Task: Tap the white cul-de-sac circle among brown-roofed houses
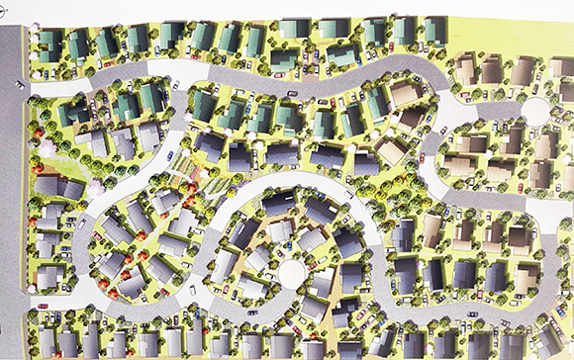[534, 111]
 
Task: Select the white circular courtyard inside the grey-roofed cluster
[292, 271]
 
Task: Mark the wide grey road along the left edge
[12, 198]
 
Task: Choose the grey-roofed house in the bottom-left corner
[46, 342]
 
